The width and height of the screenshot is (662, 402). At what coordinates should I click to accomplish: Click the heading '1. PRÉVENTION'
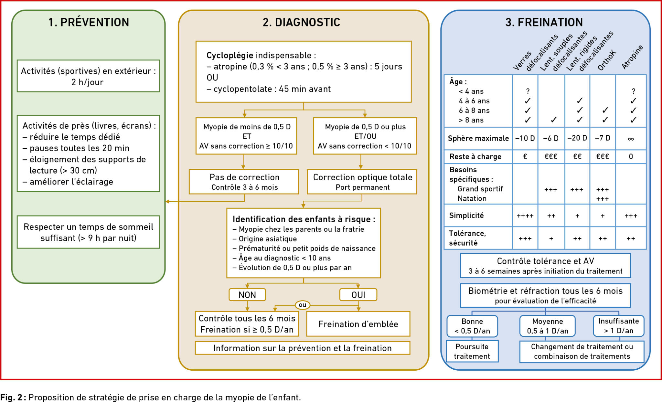[x=89, y=22]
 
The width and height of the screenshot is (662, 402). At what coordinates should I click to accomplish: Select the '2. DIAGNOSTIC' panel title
[x=301, y=22]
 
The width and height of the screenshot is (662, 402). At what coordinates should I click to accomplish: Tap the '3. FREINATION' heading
[x=544, y=22]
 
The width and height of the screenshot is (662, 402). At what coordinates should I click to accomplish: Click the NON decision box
[x=247, y=295]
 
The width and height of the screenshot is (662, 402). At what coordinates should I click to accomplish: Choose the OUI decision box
[x=358, y=295]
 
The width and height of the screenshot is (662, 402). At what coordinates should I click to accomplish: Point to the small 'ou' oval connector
[x=303, y=305]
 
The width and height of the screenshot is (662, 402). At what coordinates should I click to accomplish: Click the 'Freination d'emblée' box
[x=358, y=324]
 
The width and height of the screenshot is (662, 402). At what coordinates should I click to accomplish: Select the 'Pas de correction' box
[x=244, y=182]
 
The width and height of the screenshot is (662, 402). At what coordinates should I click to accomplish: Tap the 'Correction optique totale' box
[x=362, y=182]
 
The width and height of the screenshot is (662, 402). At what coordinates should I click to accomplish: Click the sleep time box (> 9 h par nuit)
[x=89, y=232]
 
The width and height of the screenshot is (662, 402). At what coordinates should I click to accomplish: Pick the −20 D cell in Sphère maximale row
[x=577, y=138]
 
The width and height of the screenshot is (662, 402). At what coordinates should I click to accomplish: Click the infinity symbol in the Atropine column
[x=631, y=139]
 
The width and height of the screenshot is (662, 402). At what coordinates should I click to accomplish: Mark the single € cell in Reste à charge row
[x=525, y=157]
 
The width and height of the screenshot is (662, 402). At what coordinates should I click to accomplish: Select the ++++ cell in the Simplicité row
[x=525, y=216]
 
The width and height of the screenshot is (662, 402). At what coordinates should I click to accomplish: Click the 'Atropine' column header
[x=633, y=57]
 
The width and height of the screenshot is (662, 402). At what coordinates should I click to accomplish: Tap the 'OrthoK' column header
[x=607, y=60]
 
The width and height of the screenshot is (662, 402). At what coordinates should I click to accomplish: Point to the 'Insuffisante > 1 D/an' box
[x=619, y=326]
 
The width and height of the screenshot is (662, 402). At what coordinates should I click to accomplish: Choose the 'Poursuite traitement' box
[x=472, y=351]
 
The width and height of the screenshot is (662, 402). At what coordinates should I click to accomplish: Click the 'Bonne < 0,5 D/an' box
[x=472, y=326]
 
